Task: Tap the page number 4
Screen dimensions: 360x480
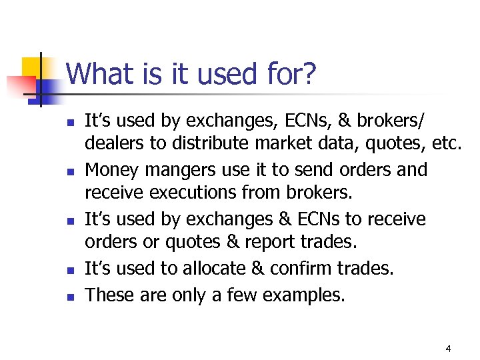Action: click(448, 349)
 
